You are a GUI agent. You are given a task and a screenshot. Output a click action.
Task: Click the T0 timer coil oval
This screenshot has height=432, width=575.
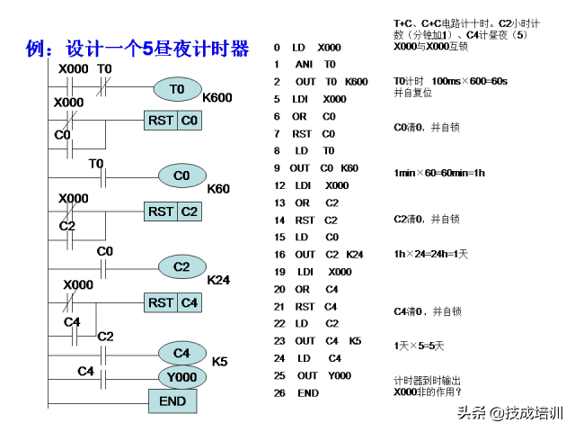click(x=177, y=89)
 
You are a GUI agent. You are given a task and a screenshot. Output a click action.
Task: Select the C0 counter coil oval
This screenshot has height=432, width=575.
click(x=182, y=175)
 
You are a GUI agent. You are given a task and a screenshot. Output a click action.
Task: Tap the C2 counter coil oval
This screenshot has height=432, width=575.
click(x=182, y=267)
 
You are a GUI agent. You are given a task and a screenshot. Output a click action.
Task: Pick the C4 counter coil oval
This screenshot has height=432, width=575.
click(x=182, y=353)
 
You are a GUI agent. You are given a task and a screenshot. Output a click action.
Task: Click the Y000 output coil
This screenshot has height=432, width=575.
click(x=182, y=375)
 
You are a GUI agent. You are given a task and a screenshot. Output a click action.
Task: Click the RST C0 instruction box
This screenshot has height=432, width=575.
click(x=174, y=120)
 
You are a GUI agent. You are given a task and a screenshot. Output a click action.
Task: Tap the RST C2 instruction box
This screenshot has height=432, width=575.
click(x=174, y=211)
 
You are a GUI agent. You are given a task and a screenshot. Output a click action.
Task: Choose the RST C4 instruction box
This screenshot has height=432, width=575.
click(x=174, y=302)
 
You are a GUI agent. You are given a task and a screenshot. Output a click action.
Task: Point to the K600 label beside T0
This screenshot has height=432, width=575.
click(x=218, y=97)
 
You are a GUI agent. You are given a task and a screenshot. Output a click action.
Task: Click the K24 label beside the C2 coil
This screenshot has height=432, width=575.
click(x=218, y=280)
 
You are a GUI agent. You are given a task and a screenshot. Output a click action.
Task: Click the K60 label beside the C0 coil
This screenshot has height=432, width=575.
click(x=218, y=189)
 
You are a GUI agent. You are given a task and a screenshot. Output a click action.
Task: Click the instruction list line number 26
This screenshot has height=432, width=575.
click(x=279, y=393)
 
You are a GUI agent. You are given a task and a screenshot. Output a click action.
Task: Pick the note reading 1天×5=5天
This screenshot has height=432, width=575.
click(x=420, y=346)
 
